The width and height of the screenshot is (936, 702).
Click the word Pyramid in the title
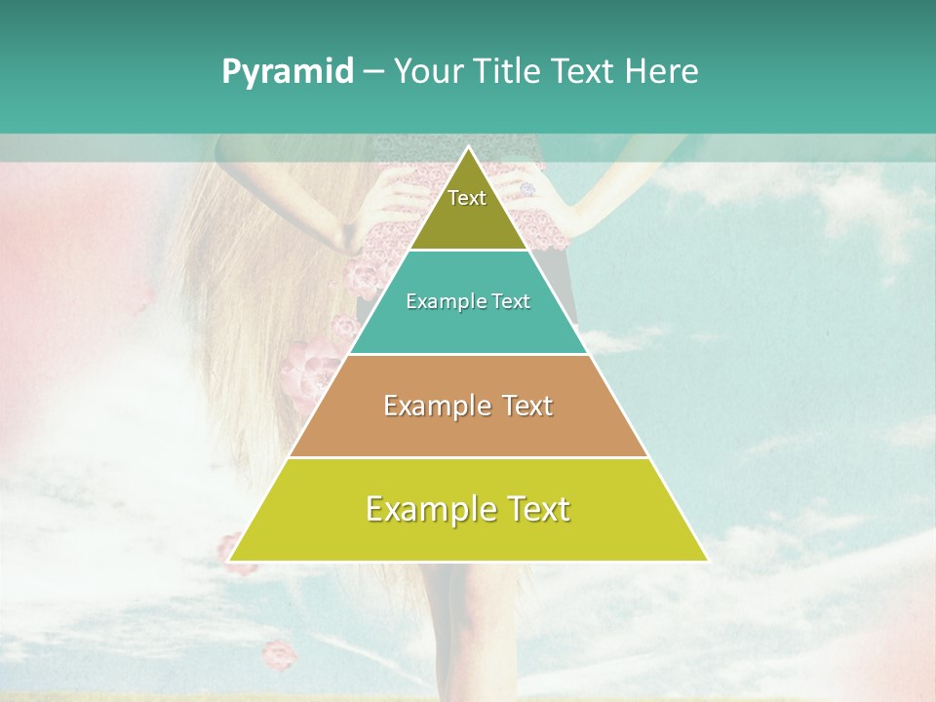click(x=288, y=72)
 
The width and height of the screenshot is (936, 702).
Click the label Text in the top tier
click(x=467, y=198)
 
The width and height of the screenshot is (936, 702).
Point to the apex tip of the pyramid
click(x=468, y=148)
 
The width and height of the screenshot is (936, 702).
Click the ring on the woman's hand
click(x=526, y=189)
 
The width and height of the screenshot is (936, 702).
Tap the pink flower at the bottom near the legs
click(x=280, y=654)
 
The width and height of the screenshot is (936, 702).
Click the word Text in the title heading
click(x=582, y=72)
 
